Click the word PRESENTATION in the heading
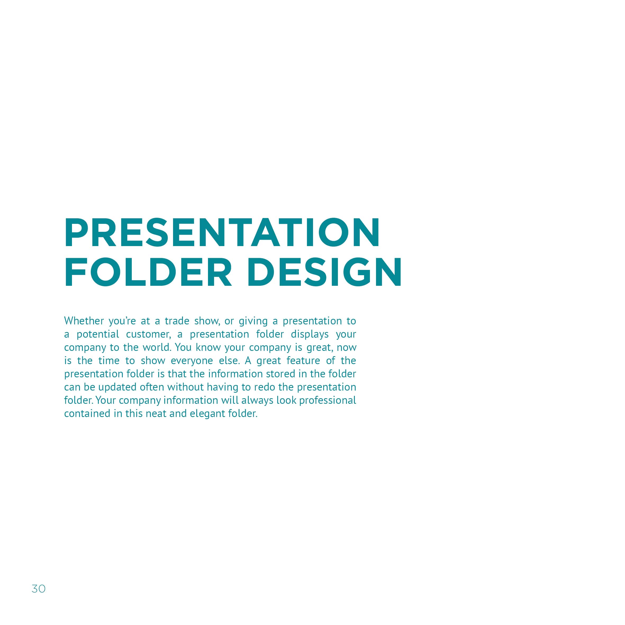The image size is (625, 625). tap(222, 233)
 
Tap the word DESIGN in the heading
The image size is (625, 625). tap(324, 272)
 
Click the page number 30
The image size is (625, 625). tap(38, 589)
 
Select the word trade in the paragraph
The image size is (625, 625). tap(177, 321)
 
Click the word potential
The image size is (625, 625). tap(98, 334)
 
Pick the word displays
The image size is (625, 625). tap(310, 334)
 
